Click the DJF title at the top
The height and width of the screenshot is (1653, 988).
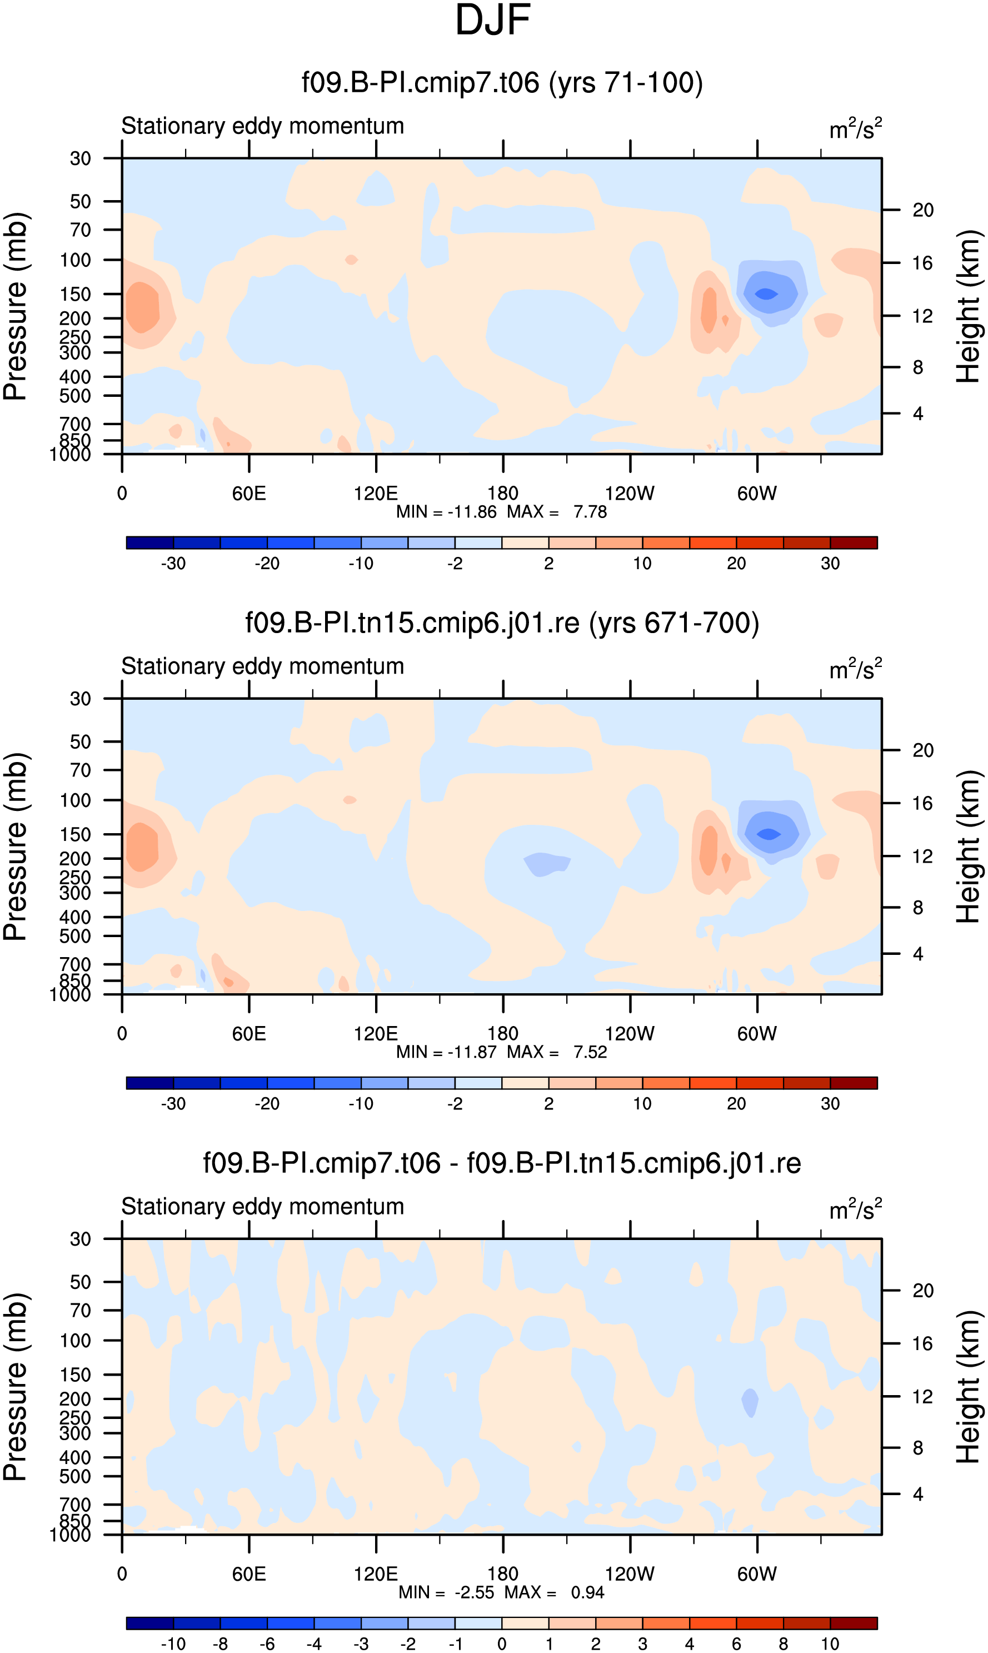pyautogui.click(x=493, y=20)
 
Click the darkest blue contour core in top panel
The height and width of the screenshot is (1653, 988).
pyautogui.click(x=766, y=293)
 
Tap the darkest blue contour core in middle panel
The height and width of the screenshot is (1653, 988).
pyautogui.click(x=769, y=834)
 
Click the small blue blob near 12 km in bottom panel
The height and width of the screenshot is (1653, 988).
pyautogui.click(x=750, y=1403)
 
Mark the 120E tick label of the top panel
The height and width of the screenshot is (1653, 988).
pyautogui.click(x=376, y=494)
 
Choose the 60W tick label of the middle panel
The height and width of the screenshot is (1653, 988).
pyautogui.click(x=757, y=1034)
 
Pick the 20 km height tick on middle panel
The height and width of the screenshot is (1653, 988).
pyautogui.click(x=923, y=750)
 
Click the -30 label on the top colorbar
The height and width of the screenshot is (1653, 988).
pyautogui.click(x=173, y=563)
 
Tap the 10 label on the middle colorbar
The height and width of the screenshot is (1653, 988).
pyautogui.click(x=642, y=1104)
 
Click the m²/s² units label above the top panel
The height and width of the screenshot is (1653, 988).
pyautogui.click(x=856, y=128)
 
